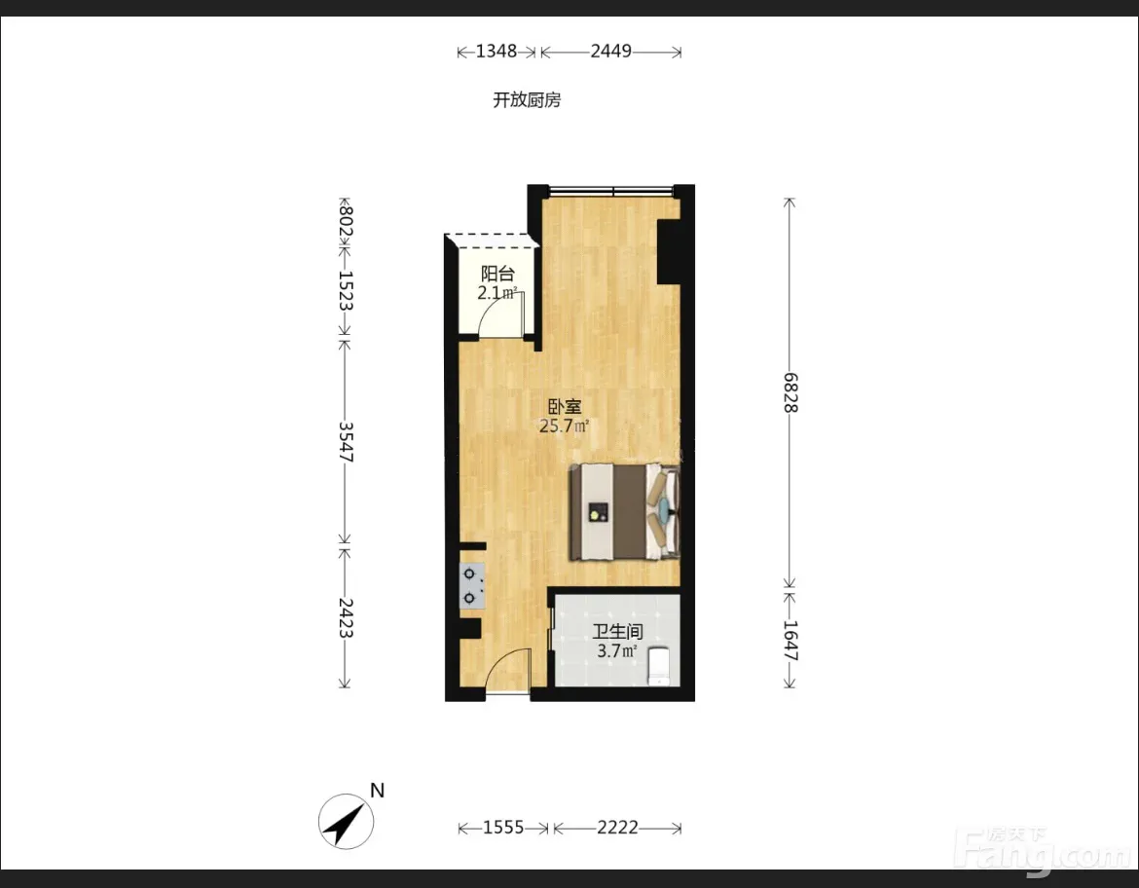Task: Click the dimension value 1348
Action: click(496, 51)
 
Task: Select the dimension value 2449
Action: click(611, 51)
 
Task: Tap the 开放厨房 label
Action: click(527, 99)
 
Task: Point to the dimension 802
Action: click(346, 221)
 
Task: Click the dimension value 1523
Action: click(346, 291)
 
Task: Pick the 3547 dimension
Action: click(346, 442)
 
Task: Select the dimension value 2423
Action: click(346, 617)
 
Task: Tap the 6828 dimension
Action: click(790, 392)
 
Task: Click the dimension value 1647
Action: click(790, 641)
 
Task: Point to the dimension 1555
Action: click(503, 827)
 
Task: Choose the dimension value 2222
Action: click(617, 827)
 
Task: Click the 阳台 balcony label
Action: click(497, 274)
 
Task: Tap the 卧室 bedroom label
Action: click(565, 407)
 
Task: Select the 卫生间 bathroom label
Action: click(617, 632)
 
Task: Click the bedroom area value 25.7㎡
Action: click(564, 425)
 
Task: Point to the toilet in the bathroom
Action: click(660, 666)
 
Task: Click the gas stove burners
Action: click(471, 586)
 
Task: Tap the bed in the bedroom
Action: click(625, 512)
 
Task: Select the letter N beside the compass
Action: click(377, 790)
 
